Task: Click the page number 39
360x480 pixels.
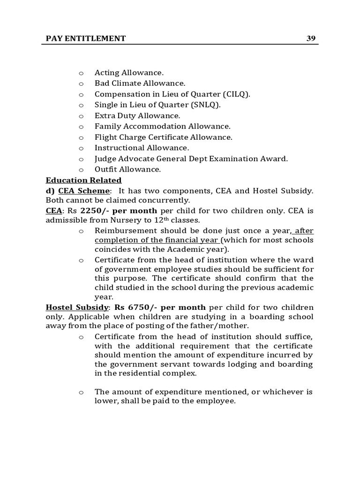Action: click(x=311, y=38)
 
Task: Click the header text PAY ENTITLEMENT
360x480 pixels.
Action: click(x=85, y=38)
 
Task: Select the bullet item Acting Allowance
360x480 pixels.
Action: click(x=129, y=73)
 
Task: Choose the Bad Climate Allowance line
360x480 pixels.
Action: click(x=134, y=83)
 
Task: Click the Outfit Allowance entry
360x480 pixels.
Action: click(x=127, y=169)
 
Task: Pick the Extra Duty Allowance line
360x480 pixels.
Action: click(x=137, y=116)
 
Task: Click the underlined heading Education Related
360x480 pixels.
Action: click(x=83, y=180)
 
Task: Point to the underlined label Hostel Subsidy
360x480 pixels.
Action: click(x=77, y=307)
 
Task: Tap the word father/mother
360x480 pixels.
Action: click(x=224, y=326)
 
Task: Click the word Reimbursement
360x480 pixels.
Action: click(x=126, y=231)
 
